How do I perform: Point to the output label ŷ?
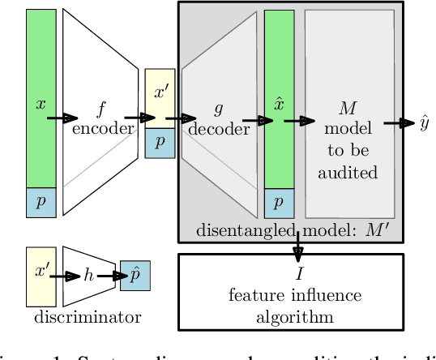pyautogui.click(x=424, y=124)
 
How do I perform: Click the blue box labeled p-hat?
pyautogui.click(x=135, y=276)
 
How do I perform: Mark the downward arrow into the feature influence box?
pyautogui.click(x=298, y=245)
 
